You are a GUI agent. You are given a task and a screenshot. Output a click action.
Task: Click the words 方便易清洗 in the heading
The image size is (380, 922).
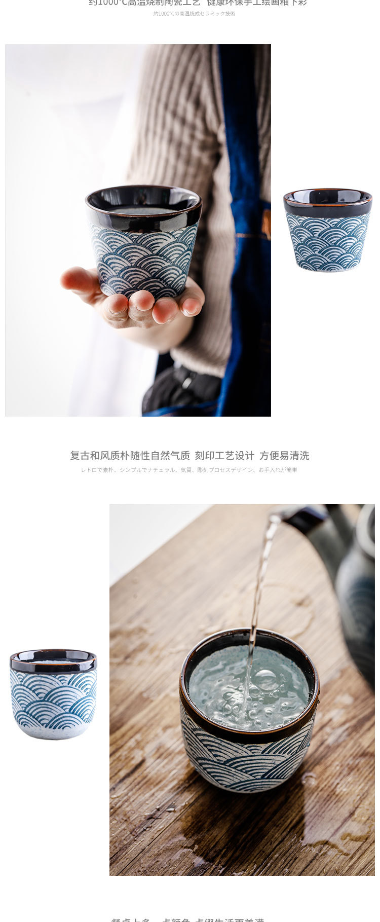click(284, 456)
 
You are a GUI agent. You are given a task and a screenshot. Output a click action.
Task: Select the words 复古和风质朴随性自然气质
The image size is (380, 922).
click(130, 456)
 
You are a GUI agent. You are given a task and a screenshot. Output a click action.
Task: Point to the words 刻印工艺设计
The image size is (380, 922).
click(224, 456)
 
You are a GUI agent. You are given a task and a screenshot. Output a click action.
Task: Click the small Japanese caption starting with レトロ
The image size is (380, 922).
click(189, 470)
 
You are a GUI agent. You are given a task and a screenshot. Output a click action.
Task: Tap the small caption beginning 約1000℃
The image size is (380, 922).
click(194, 14)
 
